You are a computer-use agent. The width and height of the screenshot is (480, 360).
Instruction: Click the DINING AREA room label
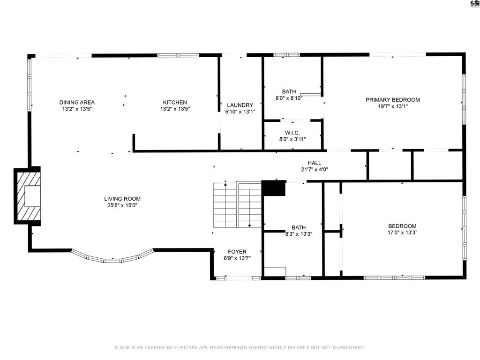77,102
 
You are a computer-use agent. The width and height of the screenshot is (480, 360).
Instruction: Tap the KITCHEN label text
175,102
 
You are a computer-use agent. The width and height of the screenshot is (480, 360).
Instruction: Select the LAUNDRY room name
240,105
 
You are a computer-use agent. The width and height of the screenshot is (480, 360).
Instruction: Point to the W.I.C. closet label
292,133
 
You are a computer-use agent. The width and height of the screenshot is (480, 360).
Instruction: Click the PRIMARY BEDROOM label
393,99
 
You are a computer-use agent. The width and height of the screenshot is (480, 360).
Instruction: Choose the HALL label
315,163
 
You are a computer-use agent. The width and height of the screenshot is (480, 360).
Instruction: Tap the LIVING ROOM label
122,199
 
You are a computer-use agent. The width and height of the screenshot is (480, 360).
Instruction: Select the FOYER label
237,252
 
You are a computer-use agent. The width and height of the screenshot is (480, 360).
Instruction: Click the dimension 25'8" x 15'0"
122,205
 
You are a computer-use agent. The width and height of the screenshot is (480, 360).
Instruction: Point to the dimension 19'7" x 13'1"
393,106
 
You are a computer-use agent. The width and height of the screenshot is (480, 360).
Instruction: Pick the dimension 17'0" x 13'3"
402,232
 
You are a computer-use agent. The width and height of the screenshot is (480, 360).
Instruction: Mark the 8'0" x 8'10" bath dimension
289,98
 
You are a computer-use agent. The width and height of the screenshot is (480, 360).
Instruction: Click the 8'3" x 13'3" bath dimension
299,234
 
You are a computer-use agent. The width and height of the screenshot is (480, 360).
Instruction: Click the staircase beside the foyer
237,205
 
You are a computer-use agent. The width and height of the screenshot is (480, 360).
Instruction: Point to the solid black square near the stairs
274,188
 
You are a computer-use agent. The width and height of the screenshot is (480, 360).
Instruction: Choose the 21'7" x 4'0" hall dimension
315,169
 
